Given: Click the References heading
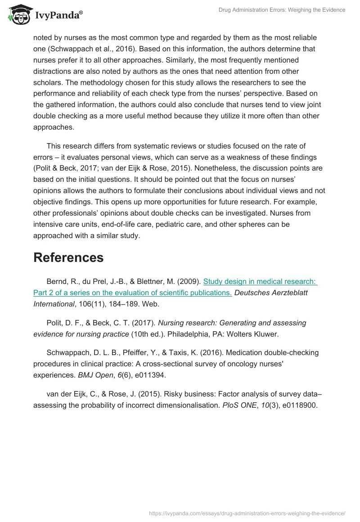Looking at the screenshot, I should click(x=68, y=257).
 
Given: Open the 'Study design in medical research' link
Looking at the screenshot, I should click(x=261, y=282).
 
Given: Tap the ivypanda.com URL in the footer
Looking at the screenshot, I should click(x=247, y=513).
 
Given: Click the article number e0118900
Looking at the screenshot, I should click(x=300, y=405).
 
